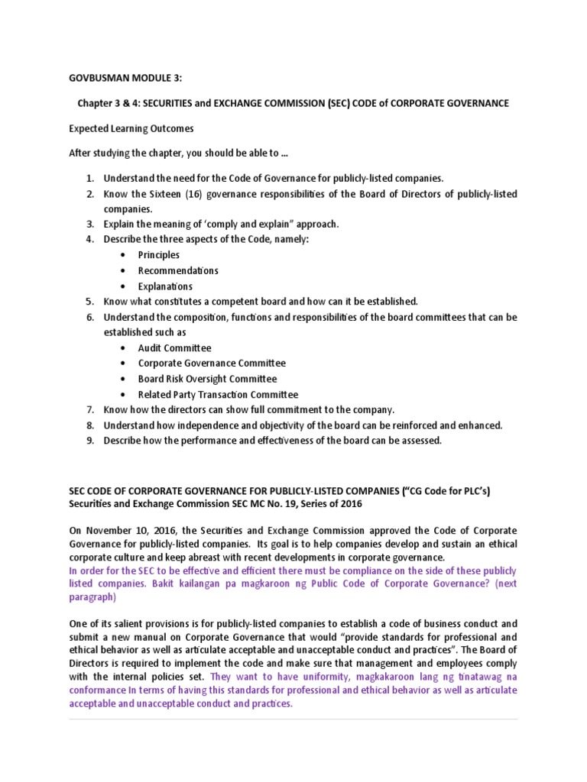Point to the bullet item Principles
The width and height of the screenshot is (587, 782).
tap(159, 255)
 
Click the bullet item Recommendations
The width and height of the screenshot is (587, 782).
tap(178, 270)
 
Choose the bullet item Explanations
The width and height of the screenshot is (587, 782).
tap(165, 286)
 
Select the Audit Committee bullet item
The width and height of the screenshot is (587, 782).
tap(174, 348)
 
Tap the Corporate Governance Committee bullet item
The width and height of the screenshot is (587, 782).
tap(212, 364)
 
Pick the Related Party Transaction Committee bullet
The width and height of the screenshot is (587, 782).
tap(218, 395)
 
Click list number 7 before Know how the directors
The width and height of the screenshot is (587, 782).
tap(89, 410)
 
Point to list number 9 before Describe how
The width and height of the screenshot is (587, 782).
tap(89, 441)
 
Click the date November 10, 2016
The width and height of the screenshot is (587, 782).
tap(125, 530)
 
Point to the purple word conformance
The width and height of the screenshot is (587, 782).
tap(97, 690)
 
